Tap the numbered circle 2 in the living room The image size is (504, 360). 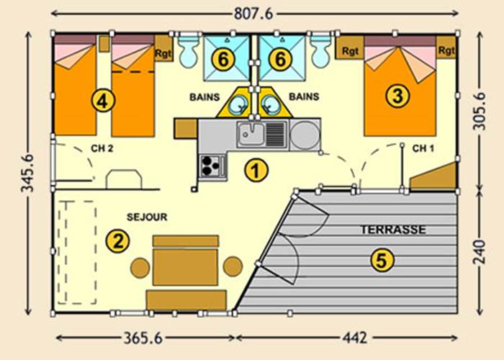click(117, 241)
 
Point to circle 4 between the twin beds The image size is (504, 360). click(104, 102)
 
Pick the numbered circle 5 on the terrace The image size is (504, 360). click(382, 259)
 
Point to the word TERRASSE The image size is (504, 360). click(392, 230)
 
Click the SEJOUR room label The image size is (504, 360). click(147, 216)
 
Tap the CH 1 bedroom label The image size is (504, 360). click(423, 149)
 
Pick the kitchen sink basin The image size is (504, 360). click(251, 133)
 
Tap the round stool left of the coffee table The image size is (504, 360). click(140, 268)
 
